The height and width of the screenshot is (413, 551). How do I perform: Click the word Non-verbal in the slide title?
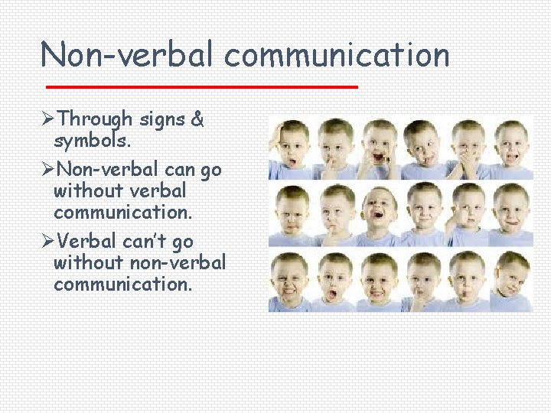[129, 55]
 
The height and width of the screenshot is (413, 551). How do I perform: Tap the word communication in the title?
[337, 55]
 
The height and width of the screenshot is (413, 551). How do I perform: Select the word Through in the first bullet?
[95, 120]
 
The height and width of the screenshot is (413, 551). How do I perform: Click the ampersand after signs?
[197, 120]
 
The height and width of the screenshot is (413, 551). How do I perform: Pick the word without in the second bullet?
[82, 190]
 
